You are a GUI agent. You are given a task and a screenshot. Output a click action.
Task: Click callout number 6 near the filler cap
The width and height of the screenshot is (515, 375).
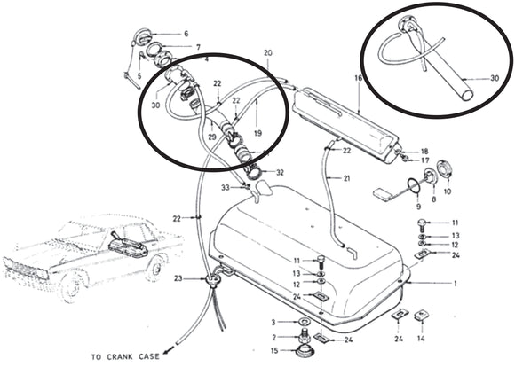[x=186, y=34]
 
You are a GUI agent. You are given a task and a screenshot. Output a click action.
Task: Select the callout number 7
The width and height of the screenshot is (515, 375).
[x=198, y=47]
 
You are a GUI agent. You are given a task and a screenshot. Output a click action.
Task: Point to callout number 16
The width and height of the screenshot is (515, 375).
[x=358, y=78]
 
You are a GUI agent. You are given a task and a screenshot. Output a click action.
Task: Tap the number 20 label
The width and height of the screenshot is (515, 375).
[x=268, y=53]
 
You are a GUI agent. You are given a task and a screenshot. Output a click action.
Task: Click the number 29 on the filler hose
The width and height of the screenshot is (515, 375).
[x=211, y=137]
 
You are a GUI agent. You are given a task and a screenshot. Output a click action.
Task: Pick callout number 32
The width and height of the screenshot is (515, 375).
[x=280, y=172]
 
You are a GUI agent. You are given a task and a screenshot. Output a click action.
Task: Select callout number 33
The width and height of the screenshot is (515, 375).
[x=226, y=187]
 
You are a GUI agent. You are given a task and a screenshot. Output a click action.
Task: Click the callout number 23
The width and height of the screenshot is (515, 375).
[x=178, y=278]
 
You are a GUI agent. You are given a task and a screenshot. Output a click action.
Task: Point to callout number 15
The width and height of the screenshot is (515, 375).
[x=273, y=351]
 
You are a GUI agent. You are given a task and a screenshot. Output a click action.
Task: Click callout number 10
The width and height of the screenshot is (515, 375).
[x=447, y=190]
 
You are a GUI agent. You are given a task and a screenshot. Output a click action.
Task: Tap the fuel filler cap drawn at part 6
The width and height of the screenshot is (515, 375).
[x=138, y=39]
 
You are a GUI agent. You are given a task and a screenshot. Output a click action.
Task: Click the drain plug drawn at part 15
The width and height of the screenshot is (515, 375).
[x=305, y=350]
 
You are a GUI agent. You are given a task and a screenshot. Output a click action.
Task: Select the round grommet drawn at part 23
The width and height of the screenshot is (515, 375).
[x=211, y=280]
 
